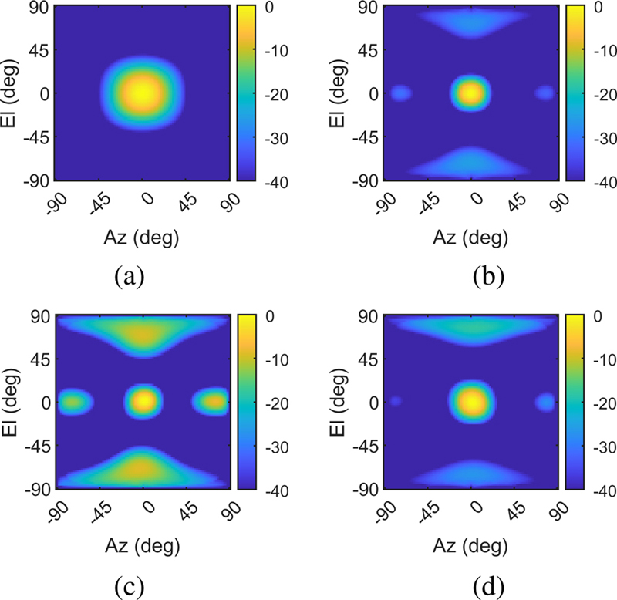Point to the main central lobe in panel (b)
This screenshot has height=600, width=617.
pyautogui.click(x=472, y=93)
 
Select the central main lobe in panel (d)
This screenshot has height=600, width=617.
pyautogui.click(x=472, y=401)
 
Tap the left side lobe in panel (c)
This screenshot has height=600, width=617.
pyautogui.click(x=74, y=401)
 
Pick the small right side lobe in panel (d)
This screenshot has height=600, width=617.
pyautogui.click(x=545, y=401)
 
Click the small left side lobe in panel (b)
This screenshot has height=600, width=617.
pyautogui.click(x=400, y=93)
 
